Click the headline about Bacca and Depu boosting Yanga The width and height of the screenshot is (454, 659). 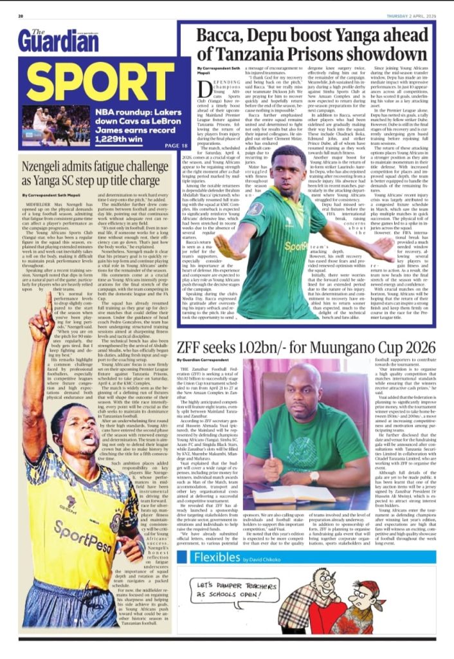(315, 45)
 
